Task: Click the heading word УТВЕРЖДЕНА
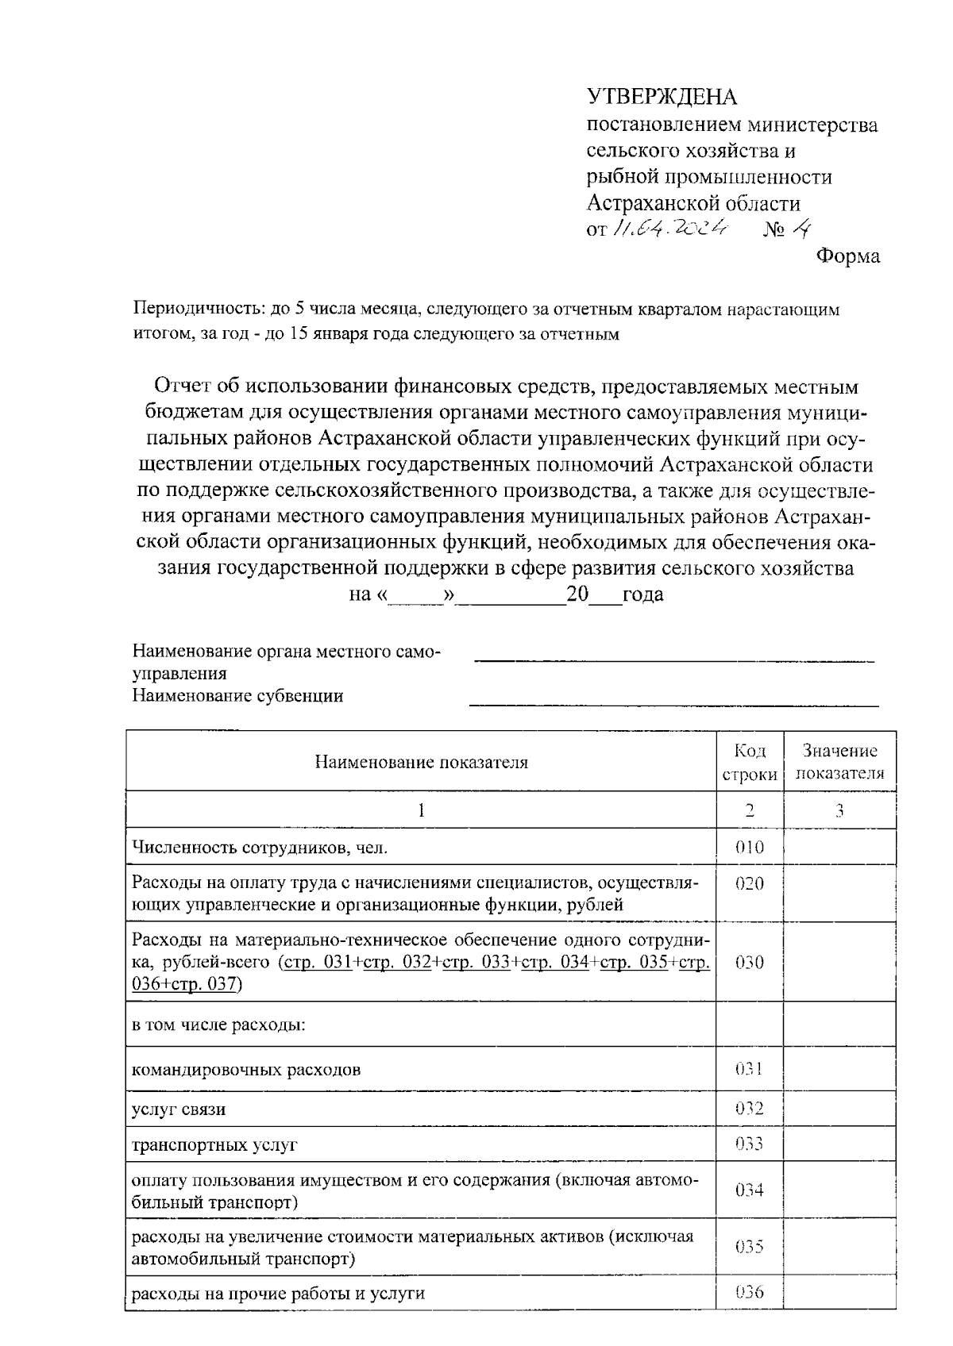pyautogui.click(x=662, y=97)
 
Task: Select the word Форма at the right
pyautogui.click(x=848, y=256)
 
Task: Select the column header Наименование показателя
pyautogui.click(x=421, y=763)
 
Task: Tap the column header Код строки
pyautogui.click(x=749, y=763)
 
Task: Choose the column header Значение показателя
pyautogui.click(x=839, y=763)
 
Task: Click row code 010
pyautogui.click(x=749, y=848)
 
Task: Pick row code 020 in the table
pyautogui.click(x=749, y=883)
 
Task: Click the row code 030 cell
pyautogui.click(x=749, y=962)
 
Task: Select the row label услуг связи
pyautogui.click(x=179, y=1109)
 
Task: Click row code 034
pyautogui.click(x=749, y=1190)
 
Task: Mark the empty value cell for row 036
pyautogui.click(x=839, y=1293)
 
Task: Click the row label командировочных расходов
pyautogui.click(x=246, y=1069)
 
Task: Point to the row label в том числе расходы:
pyautogui.click(x=218, y=1025)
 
